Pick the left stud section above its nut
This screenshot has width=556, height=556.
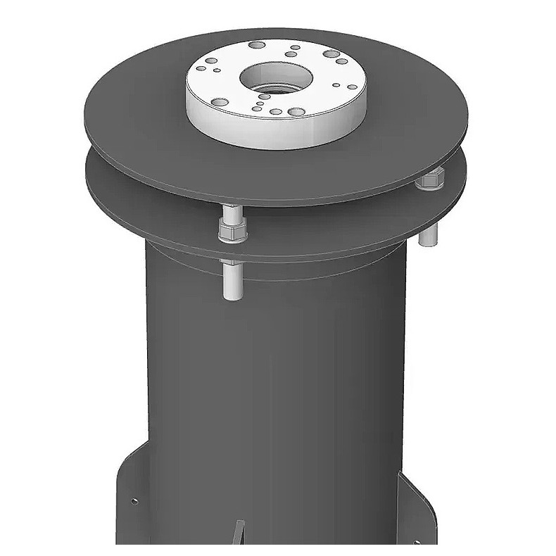(x=230, y=211)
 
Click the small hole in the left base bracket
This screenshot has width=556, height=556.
(x=135, y=501)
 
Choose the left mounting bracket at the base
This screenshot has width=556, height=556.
(x=130, y=507)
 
